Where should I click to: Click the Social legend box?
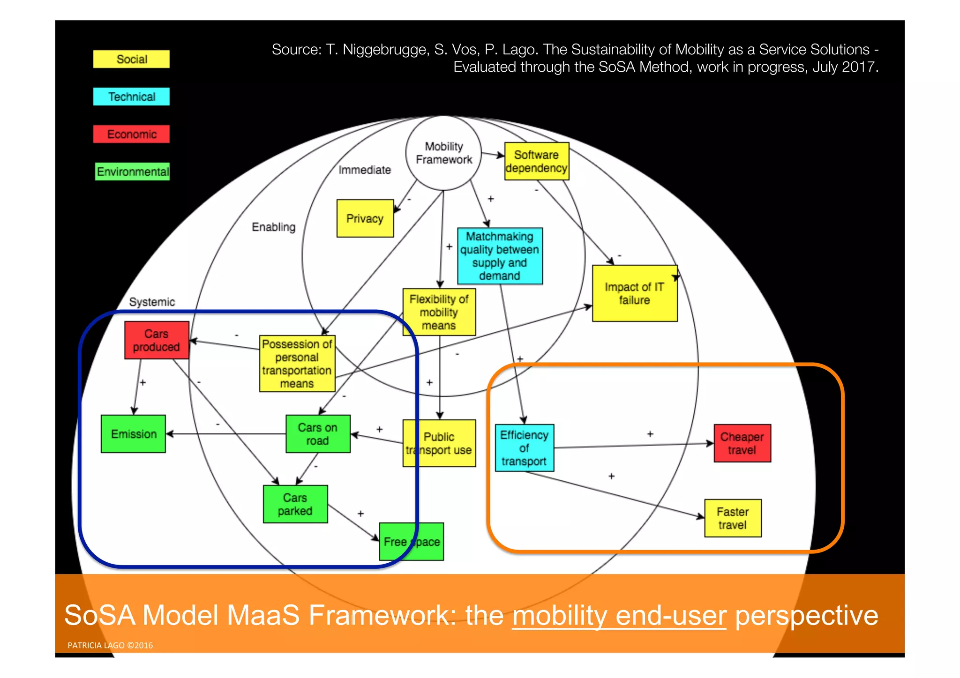point(131,60)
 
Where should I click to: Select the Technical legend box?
point(131,97)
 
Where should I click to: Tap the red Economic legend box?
point(131,134)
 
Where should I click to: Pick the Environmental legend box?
point(132,171)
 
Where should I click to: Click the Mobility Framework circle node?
point(443,153)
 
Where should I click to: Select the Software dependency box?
point(537,162)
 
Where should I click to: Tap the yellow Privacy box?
point(365,218)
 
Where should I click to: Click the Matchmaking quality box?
point(500,256)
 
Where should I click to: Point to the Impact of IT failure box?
point(634,293)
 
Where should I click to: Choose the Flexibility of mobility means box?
point(439,312)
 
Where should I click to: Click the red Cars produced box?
point(157,340)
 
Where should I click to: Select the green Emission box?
point(134,434)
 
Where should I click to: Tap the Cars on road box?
point(318,434)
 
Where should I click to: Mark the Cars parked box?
point(295,504)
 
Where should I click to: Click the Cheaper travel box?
point(742,443)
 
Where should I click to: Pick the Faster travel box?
point(733,518)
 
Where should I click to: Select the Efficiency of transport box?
point(524,448)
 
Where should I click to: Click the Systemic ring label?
point(152,302)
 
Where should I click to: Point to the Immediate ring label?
point(365,170)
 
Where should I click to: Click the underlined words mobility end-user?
point(619,616)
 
